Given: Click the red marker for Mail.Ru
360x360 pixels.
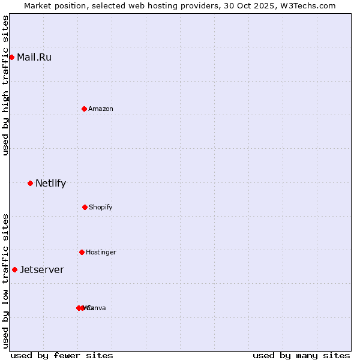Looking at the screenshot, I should point(11,57).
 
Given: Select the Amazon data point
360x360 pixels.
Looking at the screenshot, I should point(84,109).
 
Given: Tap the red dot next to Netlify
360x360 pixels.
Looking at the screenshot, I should point(30,183).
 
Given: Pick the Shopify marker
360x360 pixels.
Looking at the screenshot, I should point(85,207).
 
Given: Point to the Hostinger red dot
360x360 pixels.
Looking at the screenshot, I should point(82,252).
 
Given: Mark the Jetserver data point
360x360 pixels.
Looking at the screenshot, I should point(14,269).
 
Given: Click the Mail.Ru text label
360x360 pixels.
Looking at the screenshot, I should point(34,58).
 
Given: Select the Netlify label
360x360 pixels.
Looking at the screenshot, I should point(50,184).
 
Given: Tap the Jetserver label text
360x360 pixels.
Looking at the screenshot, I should point(42,270).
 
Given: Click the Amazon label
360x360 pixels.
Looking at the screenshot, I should point(101,109).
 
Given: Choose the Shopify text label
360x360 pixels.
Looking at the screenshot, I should point(101,208).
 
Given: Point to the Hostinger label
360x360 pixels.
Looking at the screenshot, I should point(101,253).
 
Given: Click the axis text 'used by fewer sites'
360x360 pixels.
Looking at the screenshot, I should point(62,355).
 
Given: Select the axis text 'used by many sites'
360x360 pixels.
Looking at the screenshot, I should point(301,355).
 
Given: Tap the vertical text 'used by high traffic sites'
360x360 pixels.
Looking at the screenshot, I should point(5,85).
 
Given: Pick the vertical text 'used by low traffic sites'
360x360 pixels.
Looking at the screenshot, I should point(5,281).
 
